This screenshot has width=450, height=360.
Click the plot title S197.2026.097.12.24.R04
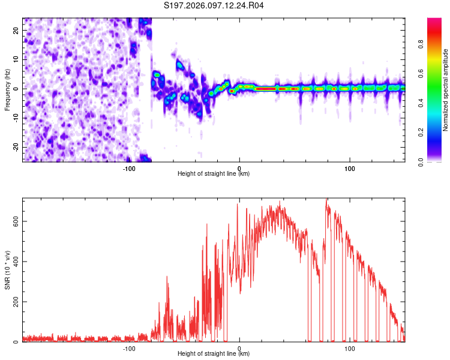pos(214,5)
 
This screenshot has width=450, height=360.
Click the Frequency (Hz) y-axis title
pos(8,89)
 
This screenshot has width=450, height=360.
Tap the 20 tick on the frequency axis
pos(16,30)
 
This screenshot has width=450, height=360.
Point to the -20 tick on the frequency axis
pos(15,148)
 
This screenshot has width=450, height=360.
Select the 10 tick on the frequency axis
pos(16,59)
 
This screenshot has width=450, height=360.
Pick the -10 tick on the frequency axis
pos(15,118)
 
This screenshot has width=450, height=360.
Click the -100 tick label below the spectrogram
pos(129,169)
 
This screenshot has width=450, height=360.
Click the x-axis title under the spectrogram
pos(214,175)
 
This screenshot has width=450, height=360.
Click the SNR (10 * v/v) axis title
pos(8,270)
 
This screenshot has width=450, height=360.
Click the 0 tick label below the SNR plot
pos(239,349)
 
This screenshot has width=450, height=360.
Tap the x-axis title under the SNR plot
pos(214,355)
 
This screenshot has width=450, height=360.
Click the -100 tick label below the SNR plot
pos(129,349)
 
